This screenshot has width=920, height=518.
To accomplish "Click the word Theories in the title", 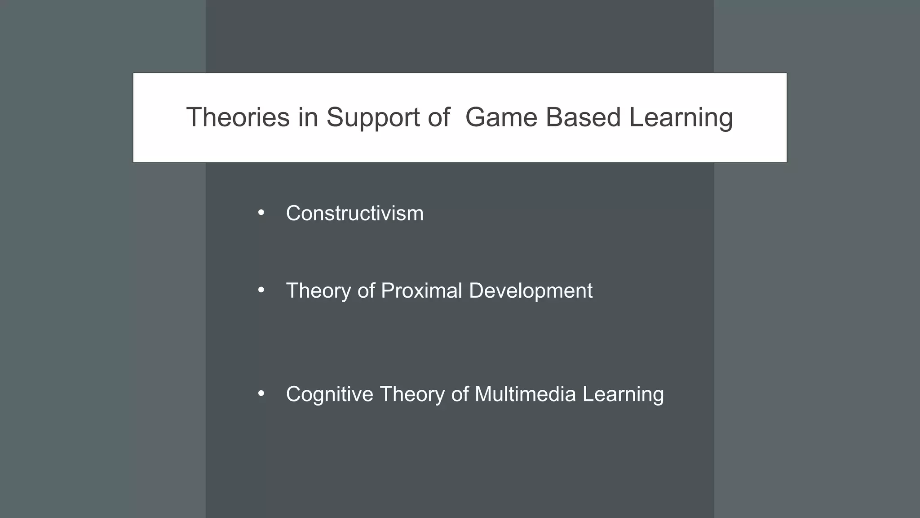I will tap(238, 117).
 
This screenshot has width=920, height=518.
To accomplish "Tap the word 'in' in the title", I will tap(308, 117).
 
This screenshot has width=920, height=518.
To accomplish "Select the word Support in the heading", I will tap(374, 118).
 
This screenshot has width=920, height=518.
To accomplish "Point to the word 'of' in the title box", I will tap(439, 117).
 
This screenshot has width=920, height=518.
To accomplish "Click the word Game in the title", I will tap(501, 117).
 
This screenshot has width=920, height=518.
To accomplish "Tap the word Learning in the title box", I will tap(681, 118).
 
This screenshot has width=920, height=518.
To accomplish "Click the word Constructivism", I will tap(354, 213).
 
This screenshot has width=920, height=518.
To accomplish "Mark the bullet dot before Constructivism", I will tap(261, 213).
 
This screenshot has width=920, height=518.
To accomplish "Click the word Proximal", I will tap(421, 290).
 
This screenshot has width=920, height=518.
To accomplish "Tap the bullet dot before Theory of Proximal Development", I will tap(261, 290).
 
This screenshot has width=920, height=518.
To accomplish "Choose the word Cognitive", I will tap(329, 394).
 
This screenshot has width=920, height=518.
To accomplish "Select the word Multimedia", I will tap(525, 394).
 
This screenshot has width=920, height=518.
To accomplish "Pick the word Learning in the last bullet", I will tap(623, 395).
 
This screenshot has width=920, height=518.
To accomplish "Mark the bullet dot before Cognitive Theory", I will tap(261, 394).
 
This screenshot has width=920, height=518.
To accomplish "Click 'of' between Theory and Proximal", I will tap(366, 290).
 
